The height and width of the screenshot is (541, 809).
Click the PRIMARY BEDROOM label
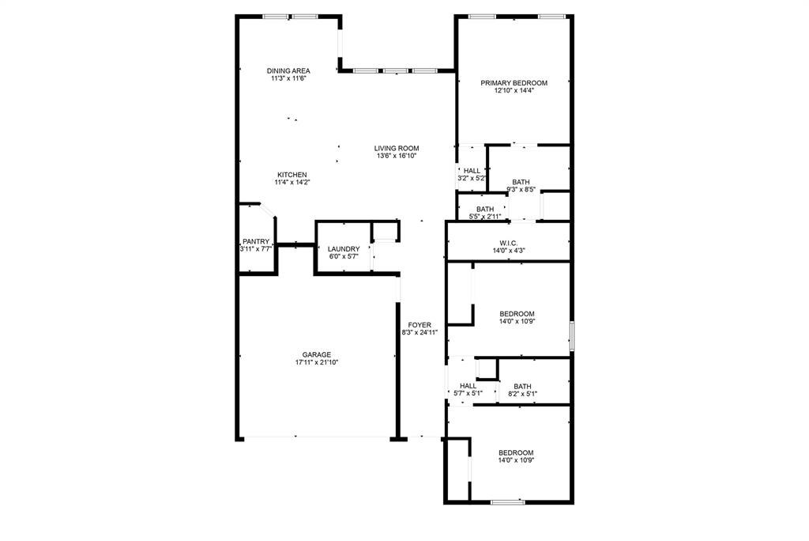(x=514, y=83)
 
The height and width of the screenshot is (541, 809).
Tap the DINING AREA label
(x=288, y=71)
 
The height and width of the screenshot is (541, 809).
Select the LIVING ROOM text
(x=397, y=148)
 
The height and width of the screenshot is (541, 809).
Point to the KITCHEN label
(x=292, y=175)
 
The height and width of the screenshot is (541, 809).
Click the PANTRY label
(x=256, y=242)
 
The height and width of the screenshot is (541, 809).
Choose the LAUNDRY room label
(x=344, y=249)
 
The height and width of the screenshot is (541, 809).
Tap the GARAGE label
(x=316, y=354)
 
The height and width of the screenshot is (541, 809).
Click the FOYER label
(x=420, y=325)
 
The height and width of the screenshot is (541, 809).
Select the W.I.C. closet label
(x=508, y=243)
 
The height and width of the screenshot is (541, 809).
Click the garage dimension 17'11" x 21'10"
(x=316, y=362)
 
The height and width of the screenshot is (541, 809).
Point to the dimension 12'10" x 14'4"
(x=514, y=91)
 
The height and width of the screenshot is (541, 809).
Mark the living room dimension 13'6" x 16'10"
(x=397, y=156)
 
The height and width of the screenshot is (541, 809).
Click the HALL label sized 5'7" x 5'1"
(x=468, y=386)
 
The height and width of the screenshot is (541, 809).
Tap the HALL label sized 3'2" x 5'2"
(x=472, y=171)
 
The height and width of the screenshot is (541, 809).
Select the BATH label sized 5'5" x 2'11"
(x=485, y=210)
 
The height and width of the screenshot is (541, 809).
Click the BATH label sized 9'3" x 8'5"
(x=521, y=182)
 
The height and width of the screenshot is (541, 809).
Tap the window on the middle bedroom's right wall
(x=571, y=336)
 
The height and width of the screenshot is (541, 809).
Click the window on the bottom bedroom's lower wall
(x=507, y=501)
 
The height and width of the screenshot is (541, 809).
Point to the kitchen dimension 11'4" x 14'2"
(x=292, y=183)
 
